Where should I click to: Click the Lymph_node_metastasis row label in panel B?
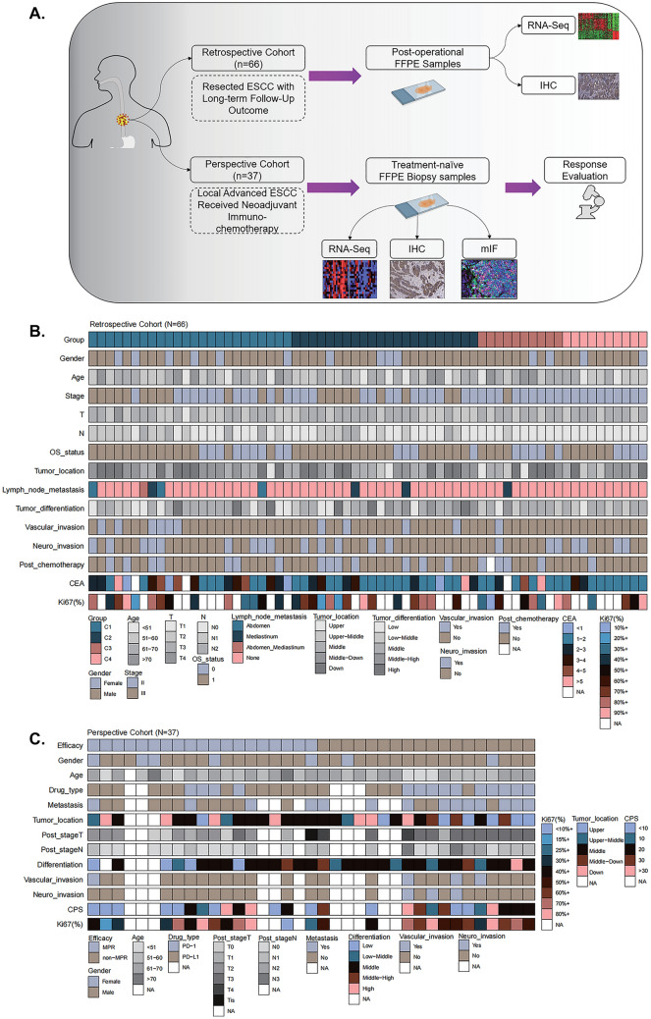pos(44,487)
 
